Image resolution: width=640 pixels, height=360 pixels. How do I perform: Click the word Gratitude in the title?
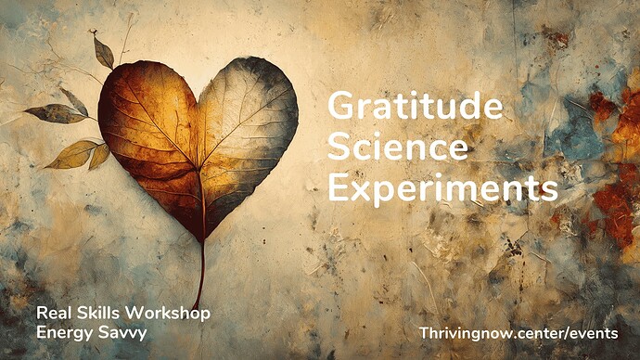tap(416, 109)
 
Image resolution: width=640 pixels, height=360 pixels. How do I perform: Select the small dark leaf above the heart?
tap(103, 52)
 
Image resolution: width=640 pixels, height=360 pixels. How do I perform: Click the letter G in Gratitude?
tap(340, 109)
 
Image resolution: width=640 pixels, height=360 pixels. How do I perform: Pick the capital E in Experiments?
tap(339, 188)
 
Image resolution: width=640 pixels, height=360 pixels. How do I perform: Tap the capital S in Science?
tap(339, 148)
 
